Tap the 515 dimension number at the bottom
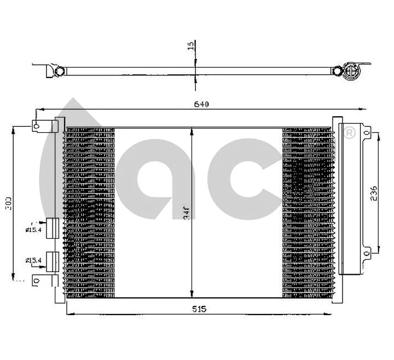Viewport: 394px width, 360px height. (200, 309)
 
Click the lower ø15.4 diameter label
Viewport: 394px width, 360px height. (33, 259)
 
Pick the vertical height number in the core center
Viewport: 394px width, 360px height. (186, 212)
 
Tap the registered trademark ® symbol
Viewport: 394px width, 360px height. (349, 133)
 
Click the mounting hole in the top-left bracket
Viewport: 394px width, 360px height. (37, 126)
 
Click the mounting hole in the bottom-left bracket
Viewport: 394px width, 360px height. (37, 281)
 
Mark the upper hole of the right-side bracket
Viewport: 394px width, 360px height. (367, 132)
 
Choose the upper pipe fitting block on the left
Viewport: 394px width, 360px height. (53, 228)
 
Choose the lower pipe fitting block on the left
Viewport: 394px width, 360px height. (53, 260)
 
